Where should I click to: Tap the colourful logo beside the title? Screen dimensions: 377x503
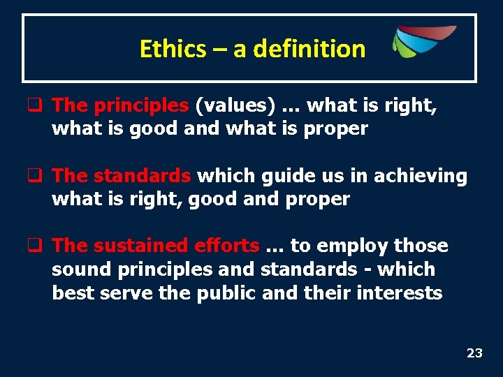pyautogui.click(x=423, y=41)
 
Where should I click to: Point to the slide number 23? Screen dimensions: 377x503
pyautogui.click(x=474, y=353)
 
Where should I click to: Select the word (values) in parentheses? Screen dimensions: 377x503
pyautogui.click(x=235, y=105)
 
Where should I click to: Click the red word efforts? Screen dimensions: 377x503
pyautogui.click(x=226, y=246)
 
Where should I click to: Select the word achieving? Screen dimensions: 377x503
pyautogui.click(x=421, y=176)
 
